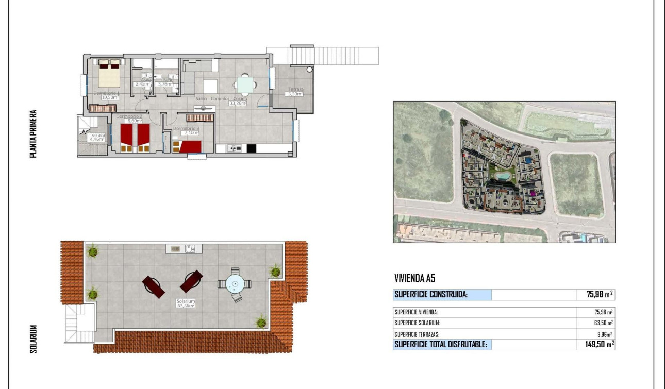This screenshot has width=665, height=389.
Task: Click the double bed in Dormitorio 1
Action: [x=109, y=74]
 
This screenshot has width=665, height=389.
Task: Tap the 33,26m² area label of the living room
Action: [x=238, y=103]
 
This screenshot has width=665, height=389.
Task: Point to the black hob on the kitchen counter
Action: [x=251, y=148]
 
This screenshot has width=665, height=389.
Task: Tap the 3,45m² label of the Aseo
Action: [x=142, y=84]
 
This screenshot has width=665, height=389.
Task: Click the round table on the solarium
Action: [x=235, y=283]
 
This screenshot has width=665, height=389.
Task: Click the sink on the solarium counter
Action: [x=190, y=249]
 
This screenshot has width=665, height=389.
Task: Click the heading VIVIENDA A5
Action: [x=415, y=278]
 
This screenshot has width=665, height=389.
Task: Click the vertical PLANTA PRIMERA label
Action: [x=34, y=133]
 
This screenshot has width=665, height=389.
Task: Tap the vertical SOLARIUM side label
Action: [x=34, y=339]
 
